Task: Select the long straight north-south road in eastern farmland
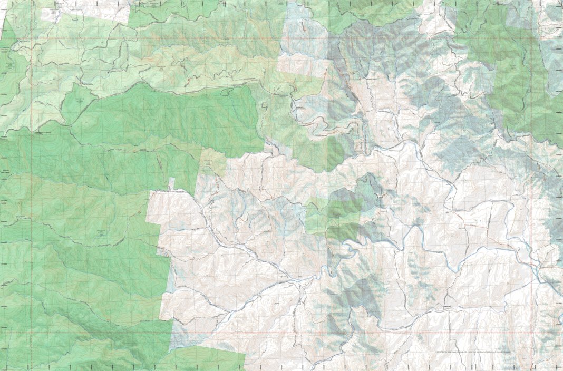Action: point(490,221)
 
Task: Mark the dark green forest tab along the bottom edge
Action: point(211,358)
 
